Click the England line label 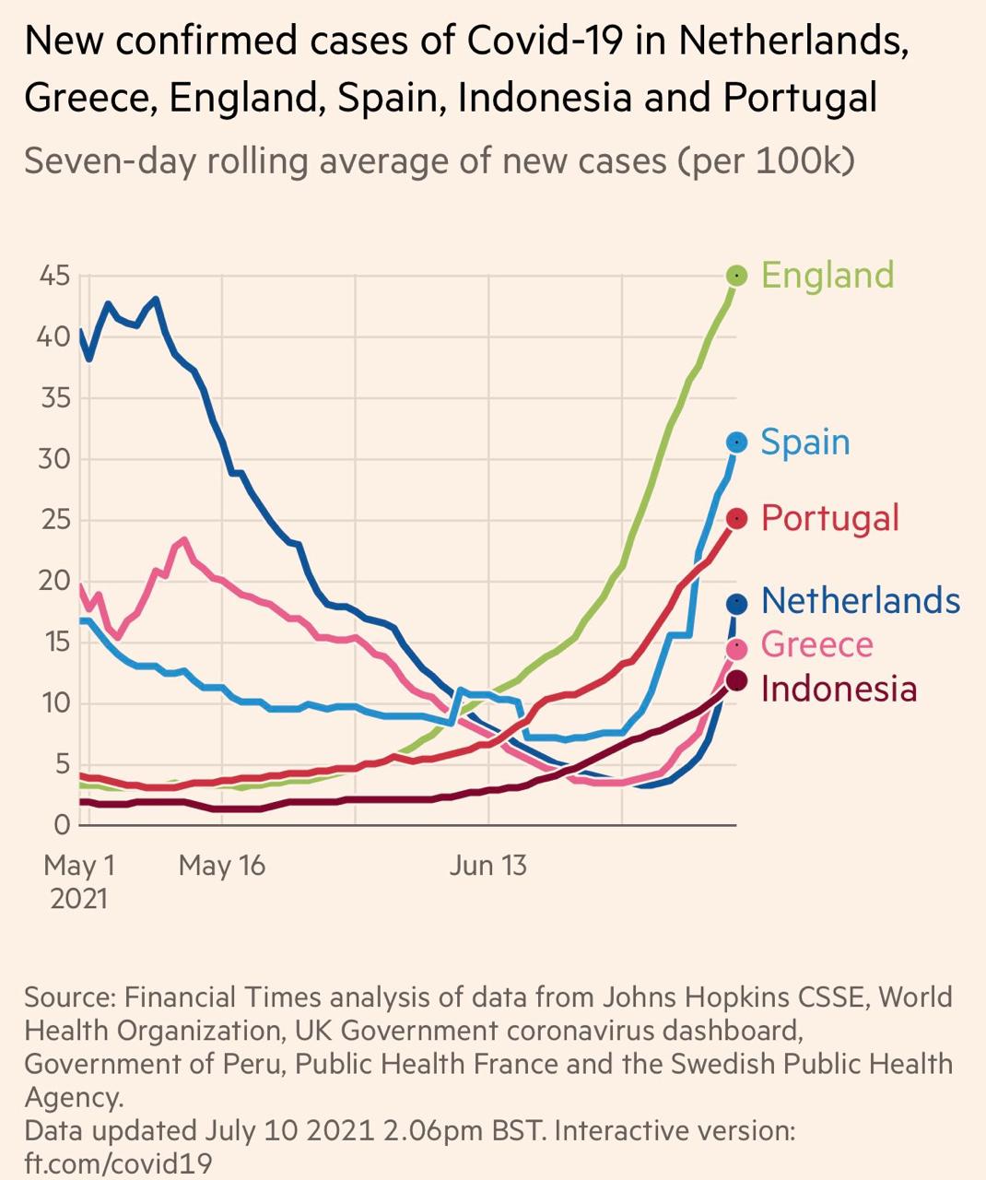(828, 275)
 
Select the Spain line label (805, 442)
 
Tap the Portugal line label (829, 518)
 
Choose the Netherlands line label (861, 601)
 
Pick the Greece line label (816, 644)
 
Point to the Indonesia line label (839, 689)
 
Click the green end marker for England (736, 275)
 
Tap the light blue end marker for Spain (736, 442)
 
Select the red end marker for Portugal (736, 519)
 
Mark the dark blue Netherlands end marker (736, 604)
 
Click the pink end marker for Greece (736, 649)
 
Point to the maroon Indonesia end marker (736, 681)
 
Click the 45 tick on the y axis (54, 276)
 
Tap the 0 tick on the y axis (62, 825)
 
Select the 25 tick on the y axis (54, 520)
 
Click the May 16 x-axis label (221, 866)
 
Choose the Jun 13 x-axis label (488, 866)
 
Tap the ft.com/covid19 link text (118, 1162)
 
